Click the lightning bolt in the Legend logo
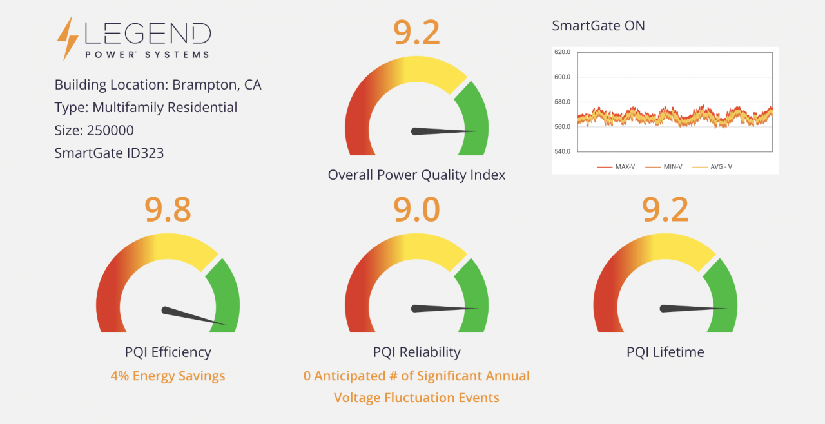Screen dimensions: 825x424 [68, 38]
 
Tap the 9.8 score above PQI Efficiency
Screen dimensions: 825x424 [168, 209]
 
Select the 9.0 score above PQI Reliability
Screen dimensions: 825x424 [416, 209]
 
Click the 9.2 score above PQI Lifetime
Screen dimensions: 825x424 [665, 209]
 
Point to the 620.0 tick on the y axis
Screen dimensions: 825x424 [563, 52]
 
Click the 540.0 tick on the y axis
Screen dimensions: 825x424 [563, 151]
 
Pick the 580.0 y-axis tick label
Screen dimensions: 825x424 [563, 102]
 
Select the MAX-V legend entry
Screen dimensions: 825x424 [616, 167]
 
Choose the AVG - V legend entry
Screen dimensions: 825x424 [712, 167]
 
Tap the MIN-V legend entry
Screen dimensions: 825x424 [664, 167]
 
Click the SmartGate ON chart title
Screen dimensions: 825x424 [598, 26]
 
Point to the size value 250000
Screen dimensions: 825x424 [110, 130]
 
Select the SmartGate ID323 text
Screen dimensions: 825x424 [109, 153]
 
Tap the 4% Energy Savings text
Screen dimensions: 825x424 [168, 376]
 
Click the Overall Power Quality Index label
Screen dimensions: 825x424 [416, 175]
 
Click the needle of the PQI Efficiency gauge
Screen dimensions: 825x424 [193, 316]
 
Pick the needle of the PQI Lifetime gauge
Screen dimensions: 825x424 [692, 309]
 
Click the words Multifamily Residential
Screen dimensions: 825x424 [164, 108]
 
